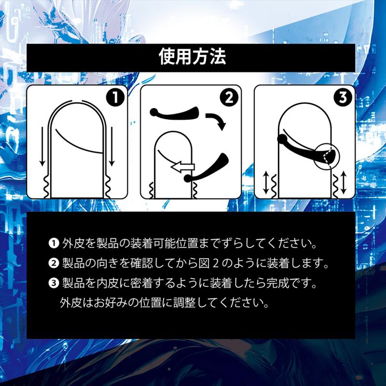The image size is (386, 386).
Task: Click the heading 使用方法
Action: [x=192, y=56]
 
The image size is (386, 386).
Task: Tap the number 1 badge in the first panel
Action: [x=115, y=97]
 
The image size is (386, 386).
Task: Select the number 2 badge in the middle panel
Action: [x=229, y=97]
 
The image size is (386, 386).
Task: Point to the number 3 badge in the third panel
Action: [x=343, y=97]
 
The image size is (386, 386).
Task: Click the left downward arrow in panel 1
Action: [x=42, y=147]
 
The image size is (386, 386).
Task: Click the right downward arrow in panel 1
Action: [x=112, y=147]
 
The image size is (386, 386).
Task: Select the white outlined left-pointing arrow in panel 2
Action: [x=183, y=167]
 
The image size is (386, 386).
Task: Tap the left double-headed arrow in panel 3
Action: [x=266, y=183]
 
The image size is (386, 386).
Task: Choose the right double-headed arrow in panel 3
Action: [x=344, y=183]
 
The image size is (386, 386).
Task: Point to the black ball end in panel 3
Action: [x=282, y=138]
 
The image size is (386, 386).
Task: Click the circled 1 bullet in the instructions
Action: [x=54, y=244]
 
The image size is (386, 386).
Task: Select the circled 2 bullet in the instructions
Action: [x=54, y=263]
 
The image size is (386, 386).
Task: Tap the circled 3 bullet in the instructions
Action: [x=54, y=284]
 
